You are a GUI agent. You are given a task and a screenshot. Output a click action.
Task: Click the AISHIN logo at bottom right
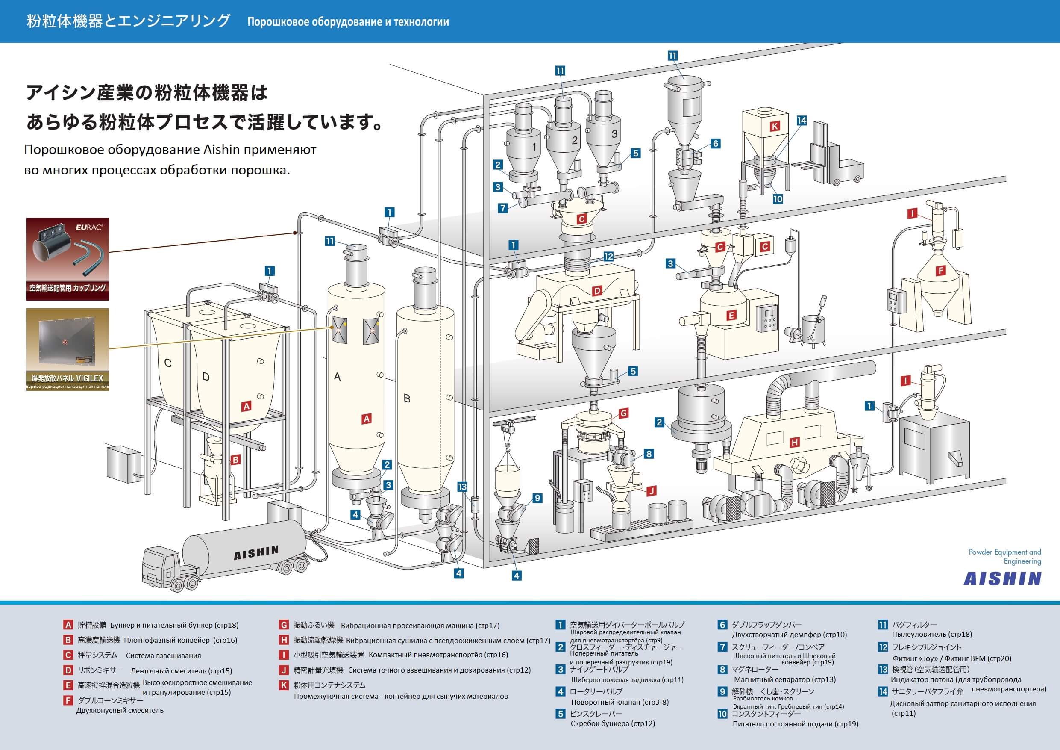(1002, 579)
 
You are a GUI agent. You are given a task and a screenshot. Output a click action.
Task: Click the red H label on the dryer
(794, 442)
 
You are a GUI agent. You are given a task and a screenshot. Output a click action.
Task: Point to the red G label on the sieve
(623, 413)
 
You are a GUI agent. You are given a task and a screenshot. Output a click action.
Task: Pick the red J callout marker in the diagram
(651, 491)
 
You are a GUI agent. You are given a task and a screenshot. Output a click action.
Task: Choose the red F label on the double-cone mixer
(940, 271)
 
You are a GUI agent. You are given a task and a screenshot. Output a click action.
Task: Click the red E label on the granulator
(731, 316)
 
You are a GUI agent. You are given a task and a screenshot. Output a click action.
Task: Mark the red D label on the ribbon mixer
(597, 291)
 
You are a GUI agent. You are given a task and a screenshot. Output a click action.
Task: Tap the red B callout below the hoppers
(235, 460)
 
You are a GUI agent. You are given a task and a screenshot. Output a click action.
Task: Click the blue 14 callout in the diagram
(802, 121)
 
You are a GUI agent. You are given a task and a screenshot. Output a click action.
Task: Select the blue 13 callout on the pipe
(462, 487)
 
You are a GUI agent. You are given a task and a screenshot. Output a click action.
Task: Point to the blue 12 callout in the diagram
(608, 257)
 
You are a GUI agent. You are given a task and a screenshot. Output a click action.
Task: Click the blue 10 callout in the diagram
(778, 199)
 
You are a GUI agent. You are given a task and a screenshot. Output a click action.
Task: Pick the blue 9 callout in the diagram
(537, 498)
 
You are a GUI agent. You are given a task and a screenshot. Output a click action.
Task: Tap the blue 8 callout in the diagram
(649, 454)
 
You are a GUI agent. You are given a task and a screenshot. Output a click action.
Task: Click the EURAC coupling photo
(68, 259)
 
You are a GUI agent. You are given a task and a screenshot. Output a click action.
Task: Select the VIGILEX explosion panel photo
(68, 349)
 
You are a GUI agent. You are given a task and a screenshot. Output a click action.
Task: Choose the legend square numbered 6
(722, 625)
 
